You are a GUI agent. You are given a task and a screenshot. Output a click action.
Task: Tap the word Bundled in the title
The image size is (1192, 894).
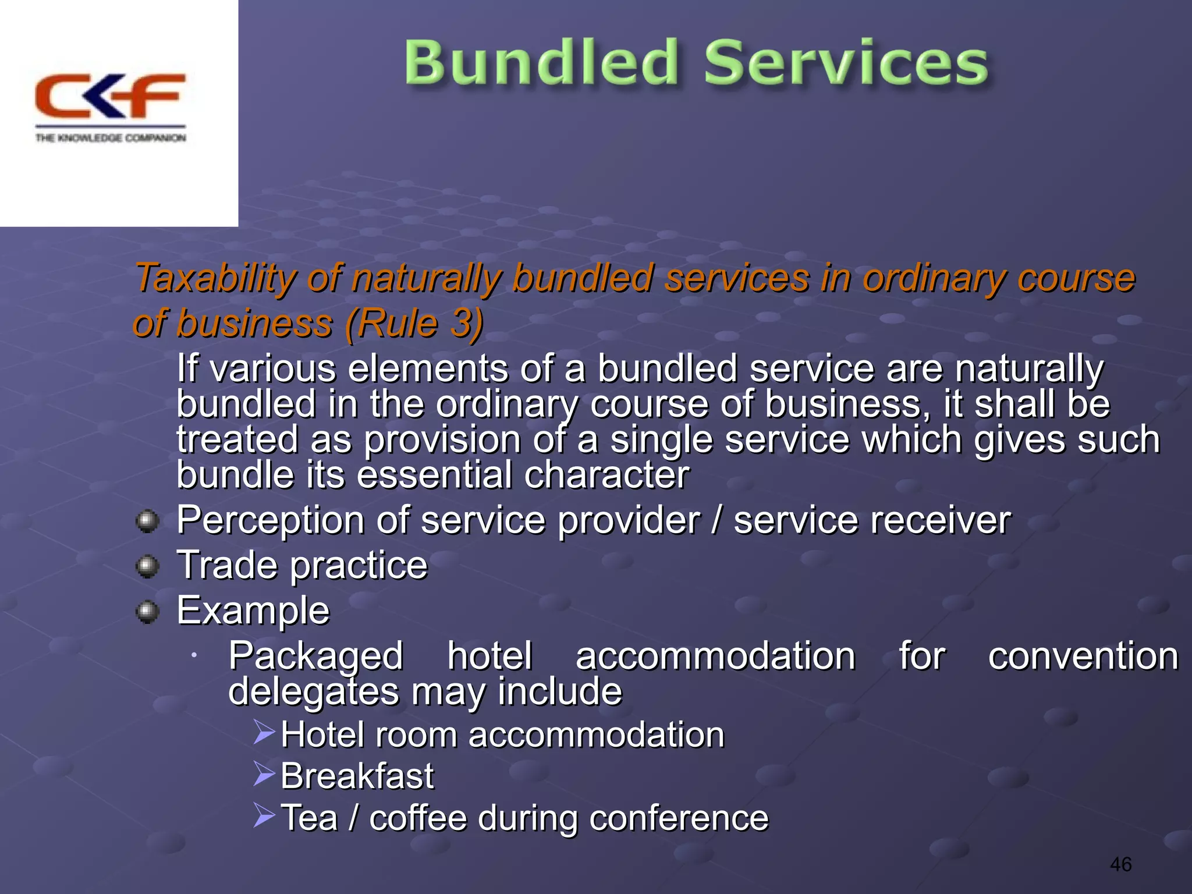point(541,63)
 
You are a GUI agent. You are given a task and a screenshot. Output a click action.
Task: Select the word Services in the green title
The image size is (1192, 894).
point(846,63)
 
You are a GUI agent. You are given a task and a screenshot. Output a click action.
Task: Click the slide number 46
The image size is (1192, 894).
point(1120,864)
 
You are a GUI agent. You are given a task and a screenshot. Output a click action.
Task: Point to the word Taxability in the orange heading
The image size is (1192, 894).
point(216,278)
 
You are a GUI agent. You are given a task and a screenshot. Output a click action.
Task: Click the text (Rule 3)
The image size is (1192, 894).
point(414,323)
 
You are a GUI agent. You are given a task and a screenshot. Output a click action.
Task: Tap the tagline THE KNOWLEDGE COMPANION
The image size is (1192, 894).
point(111,138)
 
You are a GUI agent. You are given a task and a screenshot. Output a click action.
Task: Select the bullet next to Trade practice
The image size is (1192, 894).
point(147,566)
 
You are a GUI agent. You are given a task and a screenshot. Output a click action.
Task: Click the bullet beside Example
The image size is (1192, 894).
point(147,611)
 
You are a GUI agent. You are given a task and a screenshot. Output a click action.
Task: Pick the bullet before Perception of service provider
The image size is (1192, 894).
point(147,521)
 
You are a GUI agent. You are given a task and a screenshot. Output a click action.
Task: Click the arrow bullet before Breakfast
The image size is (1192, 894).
point(264,774)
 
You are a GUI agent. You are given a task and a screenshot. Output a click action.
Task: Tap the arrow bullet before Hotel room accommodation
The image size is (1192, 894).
point(264,732)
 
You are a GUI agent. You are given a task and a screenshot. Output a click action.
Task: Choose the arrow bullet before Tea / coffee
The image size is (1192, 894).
point(264,815)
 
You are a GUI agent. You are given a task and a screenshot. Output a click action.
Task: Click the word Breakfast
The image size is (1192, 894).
point(357,776)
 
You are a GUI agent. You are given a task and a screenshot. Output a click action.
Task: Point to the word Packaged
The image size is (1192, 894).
point(315,656)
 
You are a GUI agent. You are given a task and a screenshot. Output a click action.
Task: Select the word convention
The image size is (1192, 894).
point(1083,656)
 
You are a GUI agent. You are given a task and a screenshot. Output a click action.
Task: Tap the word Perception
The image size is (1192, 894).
point(270,520)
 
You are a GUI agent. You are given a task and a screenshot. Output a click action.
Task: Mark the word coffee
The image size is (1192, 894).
point(418,818)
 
